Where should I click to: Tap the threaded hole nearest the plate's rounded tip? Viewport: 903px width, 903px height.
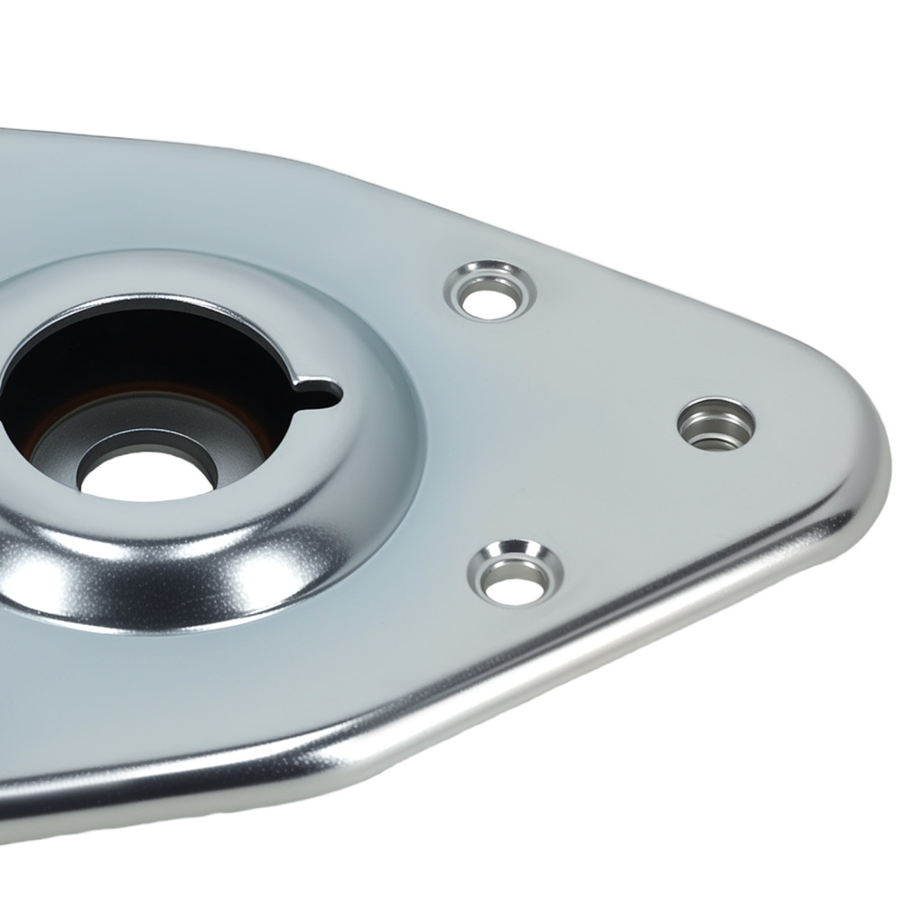coord(716,423)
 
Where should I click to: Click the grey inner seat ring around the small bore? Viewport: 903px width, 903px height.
coord(203,451)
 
